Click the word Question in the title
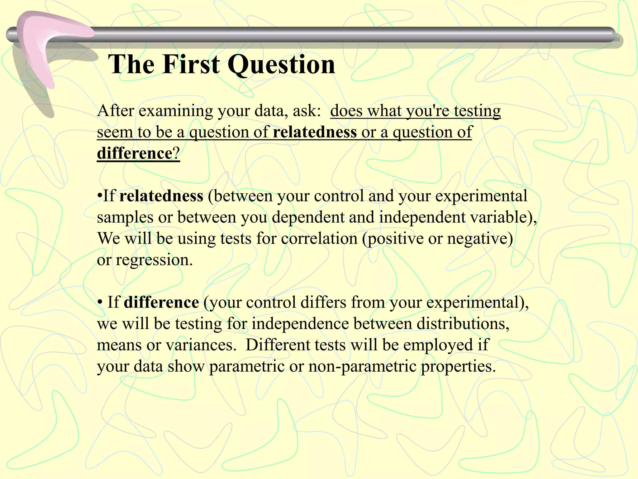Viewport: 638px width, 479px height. (281, 65)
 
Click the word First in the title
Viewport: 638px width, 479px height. (191, 64)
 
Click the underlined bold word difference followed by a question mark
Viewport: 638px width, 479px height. (135, 153)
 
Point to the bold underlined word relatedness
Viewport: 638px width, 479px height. (315, 132)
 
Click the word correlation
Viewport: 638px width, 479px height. (319, 239)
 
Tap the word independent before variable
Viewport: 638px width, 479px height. (422, 217)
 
